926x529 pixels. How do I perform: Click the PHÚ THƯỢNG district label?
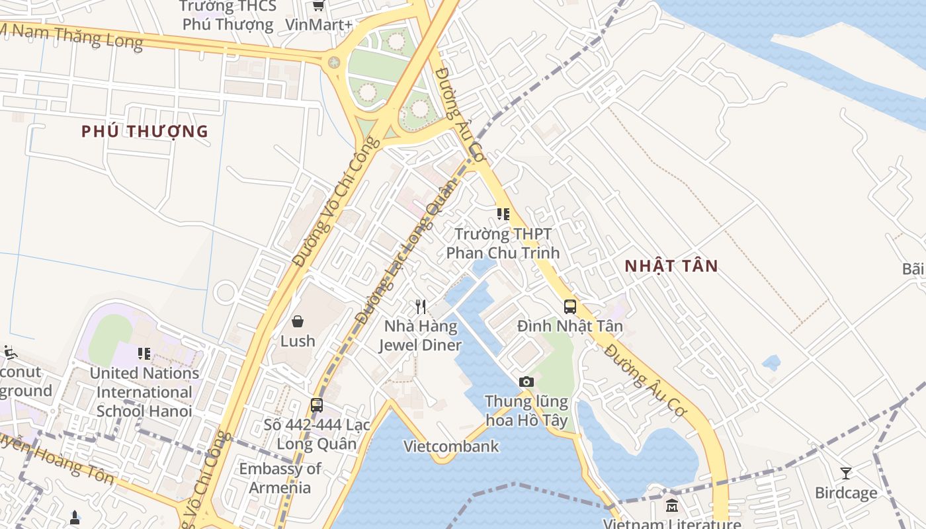point(144,132)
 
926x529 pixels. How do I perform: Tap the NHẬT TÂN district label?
point(671,266)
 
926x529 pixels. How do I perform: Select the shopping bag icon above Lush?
point(298,321)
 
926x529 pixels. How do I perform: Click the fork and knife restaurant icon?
point(421,306)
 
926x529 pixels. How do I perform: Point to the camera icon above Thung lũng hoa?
point(526,382)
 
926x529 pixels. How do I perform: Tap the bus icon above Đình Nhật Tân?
point(569,306)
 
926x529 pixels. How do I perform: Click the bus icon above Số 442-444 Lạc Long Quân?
point(317,405)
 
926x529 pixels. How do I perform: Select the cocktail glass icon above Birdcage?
point(845,473)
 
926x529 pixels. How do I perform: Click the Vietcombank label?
point(451,446)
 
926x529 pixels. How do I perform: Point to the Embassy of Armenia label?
point(280,478)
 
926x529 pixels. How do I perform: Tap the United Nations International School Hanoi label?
point(144,391)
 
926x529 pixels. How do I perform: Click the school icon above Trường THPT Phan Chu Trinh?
point(503,214)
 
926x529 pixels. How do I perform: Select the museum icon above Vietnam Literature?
point(672,505)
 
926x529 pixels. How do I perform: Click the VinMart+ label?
point(318,24)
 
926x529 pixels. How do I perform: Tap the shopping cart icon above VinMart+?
point(318,6)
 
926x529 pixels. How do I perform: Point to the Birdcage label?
point(845,493)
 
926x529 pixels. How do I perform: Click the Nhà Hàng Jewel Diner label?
point(420,335)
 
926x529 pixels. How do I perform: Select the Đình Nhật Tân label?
point(569,326)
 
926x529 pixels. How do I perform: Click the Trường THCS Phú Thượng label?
point(228,16)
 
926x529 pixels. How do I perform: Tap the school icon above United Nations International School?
point(144,354)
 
